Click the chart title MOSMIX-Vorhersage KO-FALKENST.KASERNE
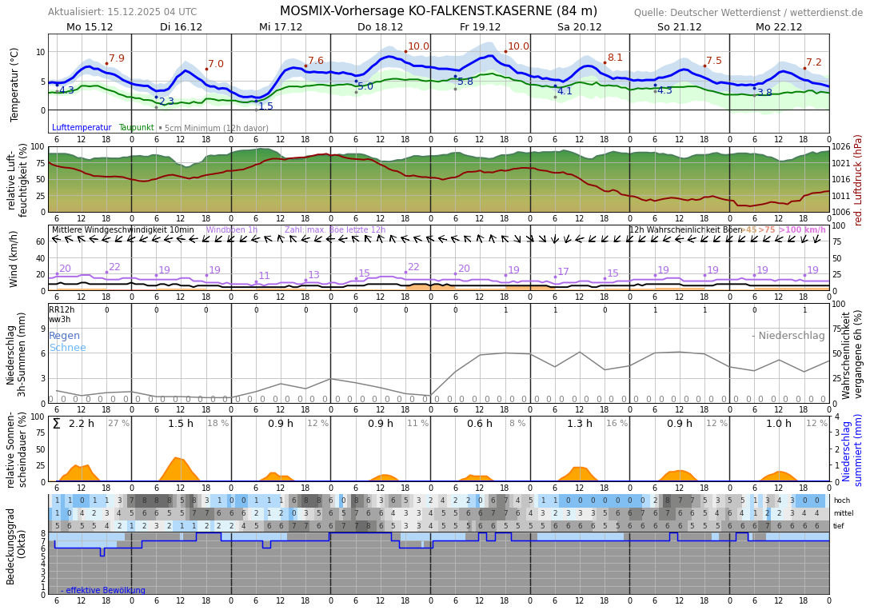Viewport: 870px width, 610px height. tap(438, 11)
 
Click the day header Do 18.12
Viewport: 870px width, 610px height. tap(380, 26)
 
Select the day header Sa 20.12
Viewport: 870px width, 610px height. tap(579, 26)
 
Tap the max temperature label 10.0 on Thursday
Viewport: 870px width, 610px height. tap(418, 46)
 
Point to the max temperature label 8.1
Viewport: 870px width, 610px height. tap(614, 58)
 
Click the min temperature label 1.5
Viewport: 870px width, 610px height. tap(265, 106)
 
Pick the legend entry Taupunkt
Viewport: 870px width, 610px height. tap(136, 128)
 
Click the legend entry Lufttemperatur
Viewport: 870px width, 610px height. tap(82, 128)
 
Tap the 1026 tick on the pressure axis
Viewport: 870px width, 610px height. tap(841, 147)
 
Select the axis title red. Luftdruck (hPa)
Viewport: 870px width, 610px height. tap(859, 179)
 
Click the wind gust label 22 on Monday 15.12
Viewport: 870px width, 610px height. tap(114, 267)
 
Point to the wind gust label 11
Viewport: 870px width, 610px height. tap(264, 276)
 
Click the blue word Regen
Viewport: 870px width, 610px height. tap(64, 336)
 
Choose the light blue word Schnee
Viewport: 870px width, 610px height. tap(67, 348)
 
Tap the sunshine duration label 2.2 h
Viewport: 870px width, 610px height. tap(82, 424)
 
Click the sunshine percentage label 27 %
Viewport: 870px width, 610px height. tap(118, 424)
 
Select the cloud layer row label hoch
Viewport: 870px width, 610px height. tap(841, 500)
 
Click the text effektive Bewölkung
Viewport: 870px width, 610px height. tap(106, 591)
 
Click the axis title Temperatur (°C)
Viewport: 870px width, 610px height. tap(14, 84)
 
